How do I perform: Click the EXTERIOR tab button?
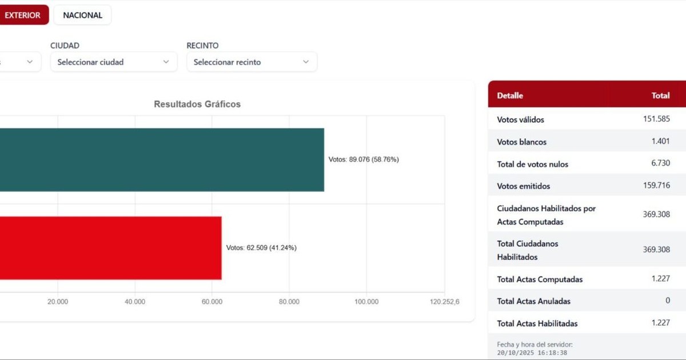coord(23,15)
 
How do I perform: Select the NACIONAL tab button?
coord(82,15)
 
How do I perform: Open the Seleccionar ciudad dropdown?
coord(113,62)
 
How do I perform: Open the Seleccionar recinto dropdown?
coord(252,62)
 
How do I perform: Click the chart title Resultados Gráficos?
coord(197,104)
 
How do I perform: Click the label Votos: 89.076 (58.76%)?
coord(364,160)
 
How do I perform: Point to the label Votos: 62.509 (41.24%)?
coord(261,248)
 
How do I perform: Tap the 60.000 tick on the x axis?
coord(212,302)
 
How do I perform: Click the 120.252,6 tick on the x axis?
coord(444,302)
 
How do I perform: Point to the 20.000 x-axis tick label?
coord(58,302)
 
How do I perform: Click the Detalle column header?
coord(510,95)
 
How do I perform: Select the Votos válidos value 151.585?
coord(656,119)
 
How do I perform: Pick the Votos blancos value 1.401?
coord(660,141)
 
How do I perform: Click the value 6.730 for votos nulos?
coord(660,163)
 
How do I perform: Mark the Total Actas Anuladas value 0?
coord(667,301)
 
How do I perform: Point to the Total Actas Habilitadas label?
coord(537,323)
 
